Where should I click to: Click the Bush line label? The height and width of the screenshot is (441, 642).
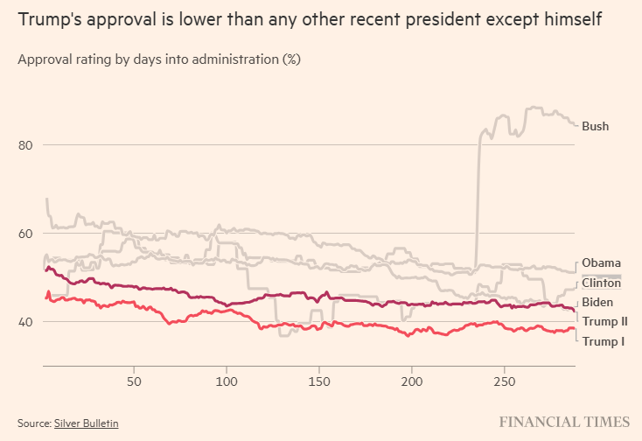[595, 127]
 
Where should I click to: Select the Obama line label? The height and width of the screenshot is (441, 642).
[601, 263]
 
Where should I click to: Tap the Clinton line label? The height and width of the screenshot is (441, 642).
[601, 283]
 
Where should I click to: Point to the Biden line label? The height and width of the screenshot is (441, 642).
[598, 303]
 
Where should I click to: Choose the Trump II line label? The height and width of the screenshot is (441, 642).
[604, 322]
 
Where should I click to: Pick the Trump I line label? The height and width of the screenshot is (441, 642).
[603, 341]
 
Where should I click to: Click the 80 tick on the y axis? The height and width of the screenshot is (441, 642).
[25, 145]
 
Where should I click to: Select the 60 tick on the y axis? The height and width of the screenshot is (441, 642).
[25, 234]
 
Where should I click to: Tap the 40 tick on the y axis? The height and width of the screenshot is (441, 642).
[25, 322]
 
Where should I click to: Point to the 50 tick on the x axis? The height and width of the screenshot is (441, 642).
[134, 382]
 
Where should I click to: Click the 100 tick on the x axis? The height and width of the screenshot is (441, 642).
[227, 382]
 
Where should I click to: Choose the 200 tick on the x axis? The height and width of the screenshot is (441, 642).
[411, 382]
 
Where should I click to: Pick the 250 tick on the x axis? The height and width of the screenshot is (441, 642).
[504, 382]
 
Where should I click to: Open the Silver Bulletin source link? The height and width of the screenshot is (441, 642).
[86, 423]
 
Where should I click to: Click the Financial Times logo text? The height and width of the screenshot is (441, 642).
[564, 422]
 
